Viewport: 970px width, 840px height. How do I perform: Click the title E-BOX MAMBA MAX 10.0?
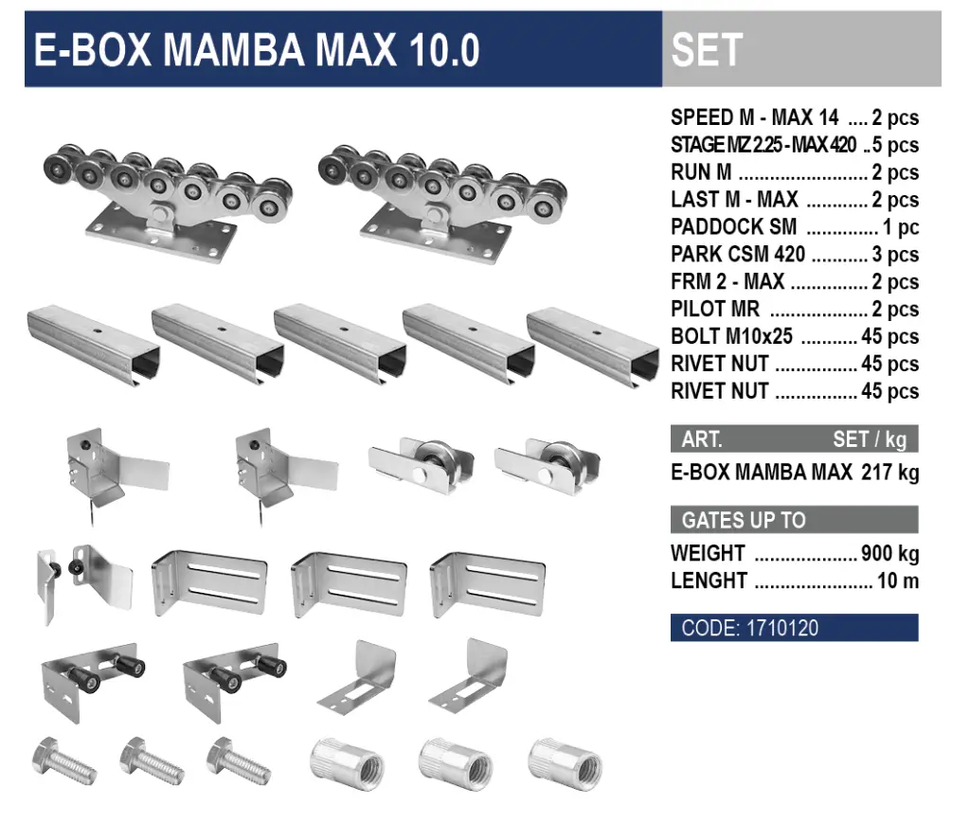click(x=257, y=50)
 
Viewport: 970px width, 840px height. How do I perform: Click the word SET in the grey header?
click(x=707, y=50)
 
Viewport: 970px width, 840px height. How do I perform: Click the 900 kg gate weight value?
click(x=889, y=554)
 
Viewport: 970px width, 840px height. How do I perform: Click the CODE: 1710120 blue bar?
click(x=794, y=628)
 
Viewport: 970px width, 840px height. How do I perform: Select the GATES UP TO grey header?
click(x=794, y=520)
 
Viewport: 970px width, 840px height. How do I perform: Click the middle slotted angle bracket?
click(x=350, y=582)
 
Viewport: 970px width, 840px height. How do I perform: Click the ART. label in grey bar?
click(x=702, y=439)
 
